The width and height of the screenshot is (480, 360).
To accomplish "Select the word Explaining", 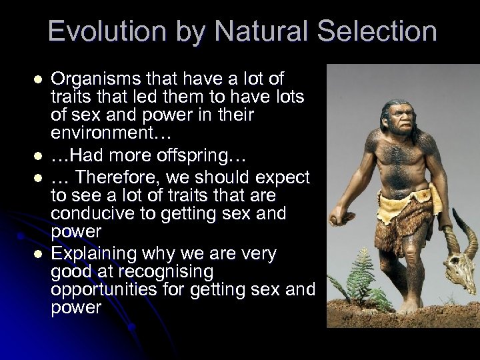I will [x=94, y=254].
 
